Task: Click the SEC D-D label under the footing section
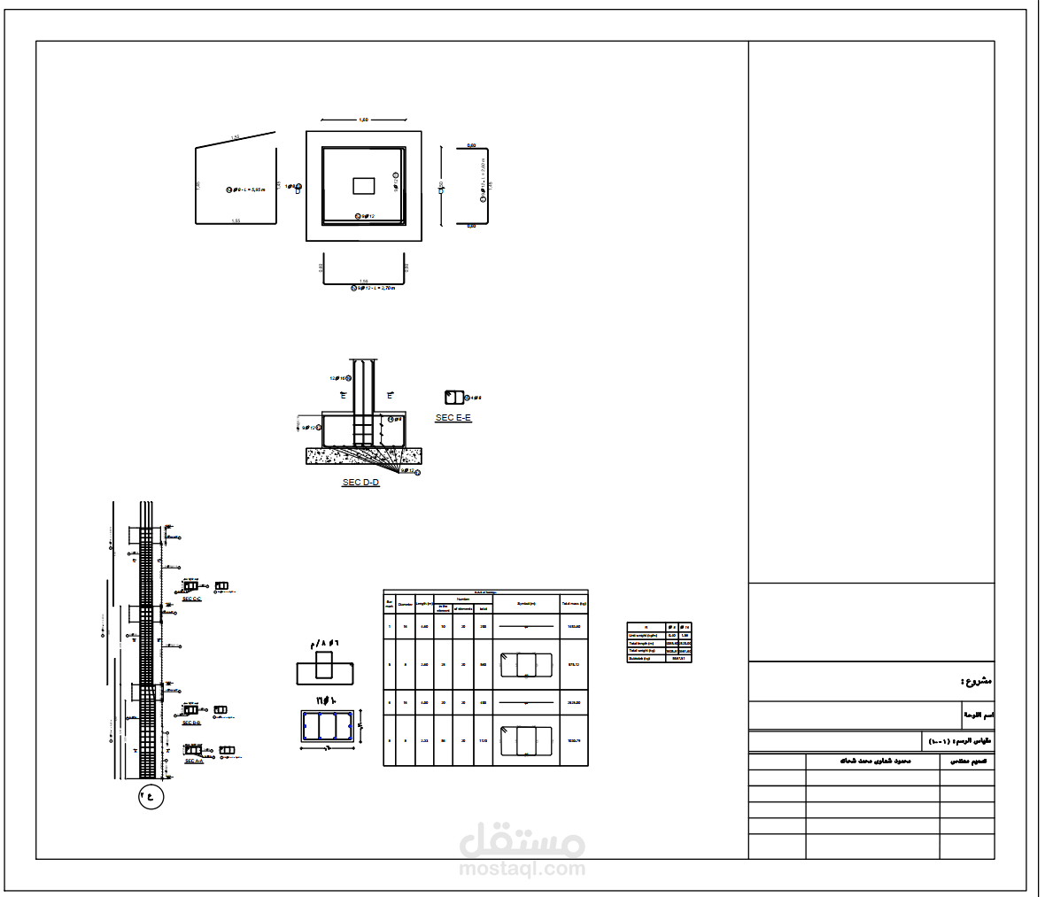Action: (360, 483)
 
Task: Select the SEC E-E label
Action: (453, 417)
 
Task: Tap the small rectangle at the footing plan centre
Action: (364, 185)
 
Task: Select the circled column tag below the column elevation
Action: (151, 795)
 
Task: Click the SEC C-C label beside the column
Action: (191, 599)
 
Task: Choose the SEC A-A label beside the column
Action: (193, 762)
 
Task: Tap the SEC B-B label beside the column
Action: (191, 723)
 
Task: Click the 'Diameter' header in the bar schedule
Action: (405, 605)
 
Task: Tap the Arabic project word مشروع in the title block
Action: (975, 682)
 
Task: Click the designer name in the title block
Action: (873, 761)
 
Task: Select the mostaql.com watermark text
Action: (522, 869)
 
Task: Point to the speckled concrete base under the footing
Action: (364, 456)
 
